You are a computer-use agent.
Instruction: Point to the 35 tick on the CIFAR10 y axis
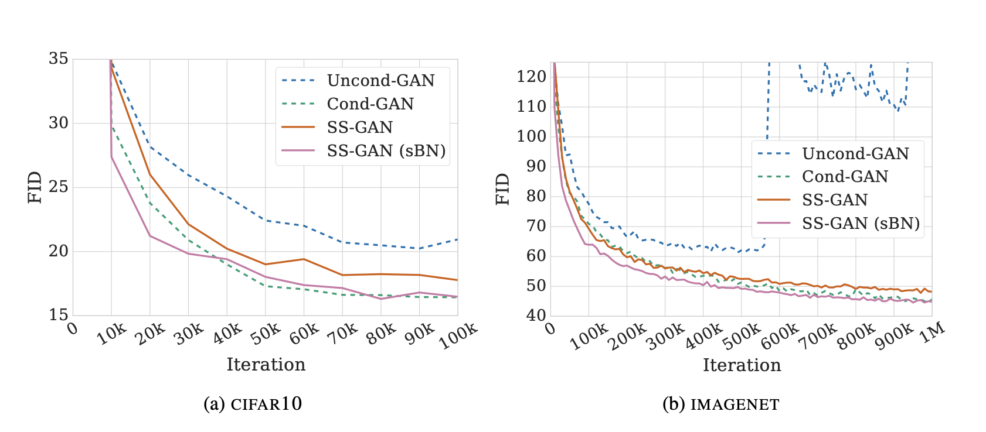pos(59,59)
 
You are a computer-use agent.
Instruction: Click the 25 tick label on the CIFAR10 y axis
pos(59,187)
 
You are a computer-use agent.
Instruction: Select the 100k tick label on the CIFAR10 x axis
pos(459,337)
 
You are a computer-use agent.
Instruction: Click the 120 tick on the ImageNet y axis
pos(532,77)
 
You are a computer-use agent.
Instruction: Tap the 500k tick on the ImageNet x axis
pos(741,337)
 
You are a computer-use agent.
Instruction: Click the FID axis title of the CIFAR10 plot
pos(35,187)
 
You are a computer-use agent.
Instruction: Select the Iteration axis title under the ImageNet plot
pos(742,365)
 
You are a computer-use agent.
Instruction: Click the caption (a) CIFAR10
pos(253,404)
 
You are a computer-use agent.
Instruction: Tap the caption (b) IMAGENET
pos(720,404)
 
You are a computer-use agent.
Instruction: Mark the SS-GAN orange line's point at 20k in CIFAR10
pos(150,174)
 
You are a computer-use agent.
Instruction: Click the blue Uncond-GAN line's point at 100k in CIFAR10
pos(457,239)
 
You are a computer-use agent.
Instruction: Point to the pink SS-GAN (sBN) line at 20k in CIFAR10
pos(150,236)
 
